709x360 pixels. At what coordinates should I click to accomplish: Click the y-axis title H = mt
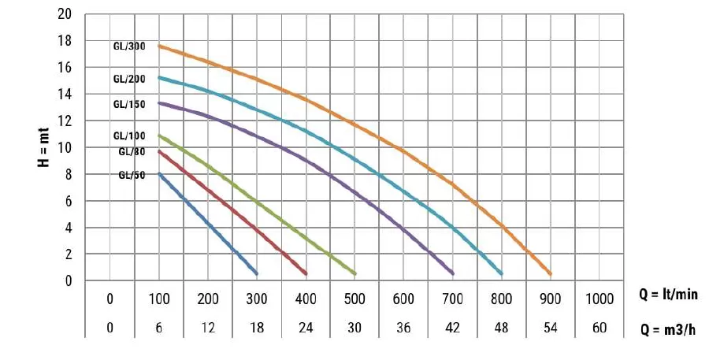pos(45,147)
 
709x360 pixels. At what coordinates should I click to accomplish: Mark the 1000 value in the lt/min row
pos(599,299)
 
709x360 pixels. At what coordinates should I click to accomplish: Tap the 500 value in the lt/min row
pos(354,299)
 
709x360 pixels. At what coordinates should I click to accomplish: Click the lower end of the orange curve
pos(550,273)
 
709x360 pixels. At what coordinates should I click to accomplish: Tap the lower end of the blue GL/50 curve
pos(256,273)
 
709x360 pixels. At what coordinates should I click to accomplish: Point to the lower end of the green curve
pos(354,273)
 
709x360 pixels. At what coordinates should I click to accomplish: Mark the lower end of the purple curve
pos(452,273)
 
